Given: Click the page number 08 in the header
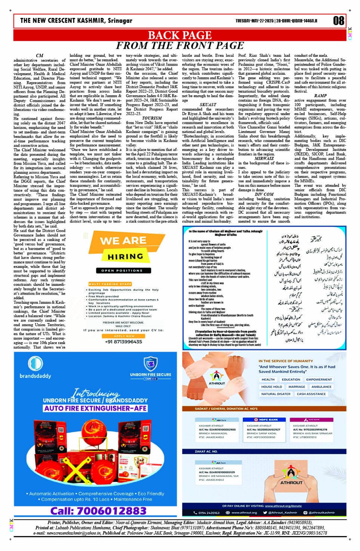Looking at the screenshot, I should tap(338, 21).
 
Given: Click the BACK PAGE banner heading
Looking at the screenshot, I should tap(179, 35).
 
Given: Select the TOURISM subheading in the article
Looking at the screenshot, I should tap(152, 118).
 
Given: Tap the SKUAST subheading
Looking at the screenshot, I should tap(208, 104).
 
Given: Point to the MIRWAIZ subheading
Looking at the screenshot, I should tap(264, 158).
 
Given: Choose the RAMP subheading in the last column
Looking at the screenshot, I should tap(320, 96).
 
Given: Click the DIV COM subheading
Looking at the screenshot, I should tap(264, 194).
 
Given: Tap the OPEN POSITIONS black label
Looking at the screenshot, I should tap(122, 271).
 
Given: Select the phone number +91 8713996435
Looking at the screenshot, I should tap(123, 342).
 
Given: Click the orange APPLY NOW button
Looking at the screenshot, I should tap(124, 336).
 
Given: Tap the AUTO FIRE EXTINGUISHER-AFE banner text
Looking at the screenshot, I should tap(95, 408).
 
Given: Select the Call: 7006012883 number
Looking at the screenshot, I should tap(98, 511).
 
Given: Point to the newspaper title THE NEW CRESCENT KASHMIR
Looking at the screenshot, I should tap(76, 21).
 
